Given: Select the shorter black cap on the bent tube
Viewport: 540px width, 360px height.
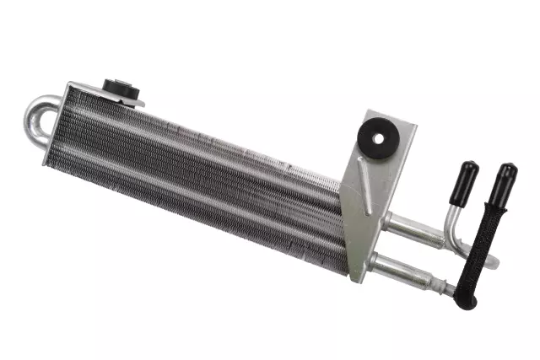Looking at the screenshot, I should tap(464, 178).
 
